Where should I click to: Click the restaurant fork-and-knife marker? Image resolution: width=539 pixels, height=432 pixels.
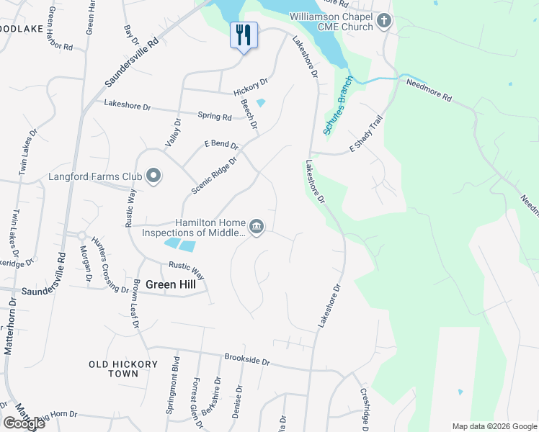click(x=244, y=35)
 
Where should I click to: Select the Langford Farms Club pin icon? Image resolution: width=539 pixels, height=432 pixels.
click(x=153, y=176)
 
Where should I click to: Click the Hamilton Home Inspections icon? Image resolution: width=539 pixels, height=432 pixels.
click(x=258, y=228)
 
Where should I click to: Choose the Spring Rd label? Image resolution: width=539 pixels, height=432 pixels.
click(x=215, y=115)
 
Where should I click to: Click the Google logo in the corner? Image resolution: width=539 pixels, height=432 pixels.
click(x=24, y=423)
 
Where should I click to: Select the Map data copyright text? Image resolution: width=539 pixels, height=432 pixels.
click(x=493, y=426)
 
